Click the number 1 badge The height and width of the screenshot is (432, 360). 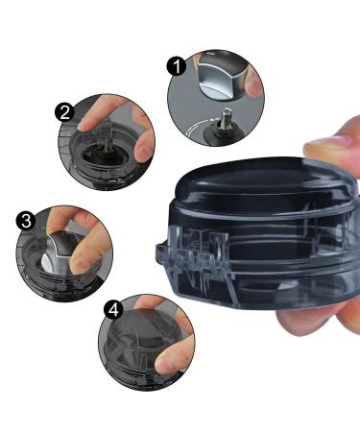pyautogui.click(x=177, y=66)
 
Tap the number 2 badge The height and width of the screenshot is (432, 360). pyautogui.click(x=64, y=112)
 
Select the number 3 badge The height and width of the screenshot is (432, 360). pyautogui.click(x=26, y=221)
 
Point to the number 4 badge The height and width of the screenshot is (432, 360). pyautogui.click(x=113, y=310)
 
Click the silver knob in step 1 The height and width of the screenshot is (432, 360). pyautogui.click(x=219, y=74)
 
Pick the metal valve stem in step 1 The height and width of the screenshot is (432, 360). pyautogui.click(x=226, y=119)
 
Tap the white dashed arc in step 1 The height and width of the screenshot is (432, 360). pyautogui.click(x=195, y=128)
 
